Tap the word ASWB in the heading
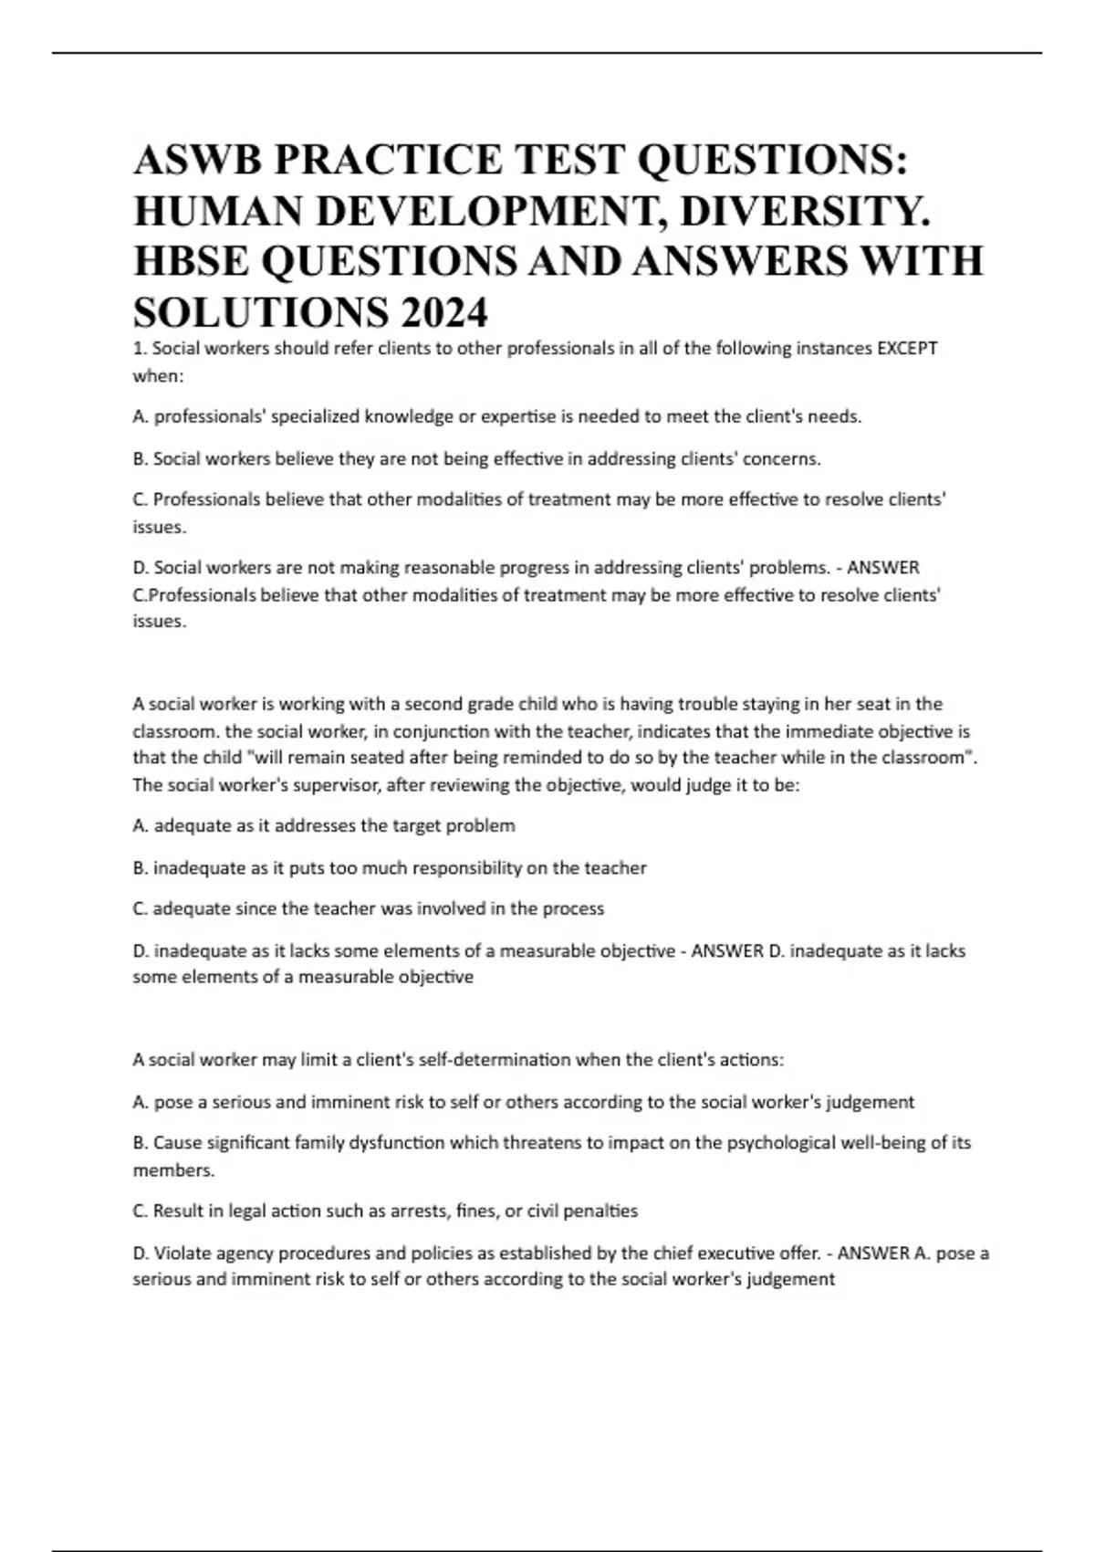[x=195, y=161]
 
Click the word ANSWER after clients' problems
[x=883, y=568]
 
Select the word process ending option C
[x=573, y=908]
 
